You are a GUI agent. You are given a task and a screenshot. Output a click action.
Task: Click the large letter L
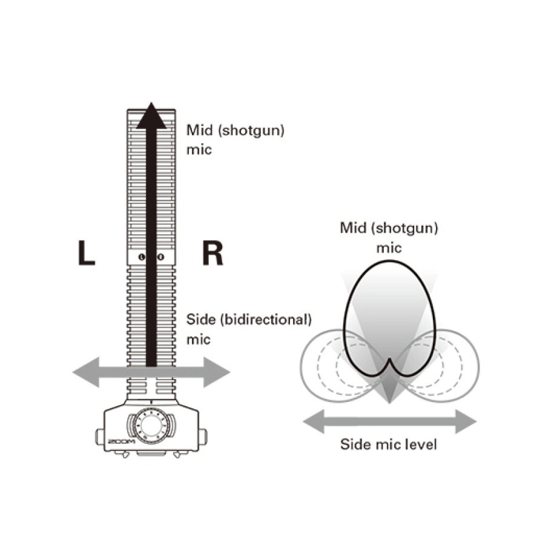pos(87,253)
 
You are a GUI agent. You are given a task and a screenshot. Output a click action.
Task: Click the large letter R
pos(213,253)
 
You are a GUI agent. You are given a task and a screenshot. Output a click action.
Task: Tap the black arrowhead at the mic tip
pos(151,116)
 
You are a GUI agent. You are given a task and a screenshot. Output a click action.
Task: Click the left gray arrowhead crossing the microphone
pos(85,372)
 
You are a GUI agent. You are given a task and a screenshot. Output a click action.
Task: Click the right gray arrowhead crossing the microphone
pos(217,372)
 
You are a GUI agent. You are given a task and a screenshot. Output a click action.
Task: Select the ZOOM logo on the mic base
pos(122,442)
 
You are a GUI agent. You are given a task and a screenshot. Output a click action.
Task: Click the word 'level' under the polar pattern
pos(422,444)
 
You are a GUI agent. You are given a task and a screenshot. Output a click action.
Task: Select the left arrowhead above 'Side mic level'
pos(314,421)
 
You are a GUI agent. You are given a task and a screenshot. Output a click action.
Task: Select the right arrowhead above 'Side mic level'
pos(466,421)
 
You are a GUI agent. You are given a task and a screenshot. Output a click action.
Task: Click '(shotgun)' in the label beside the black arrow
pos(251,130)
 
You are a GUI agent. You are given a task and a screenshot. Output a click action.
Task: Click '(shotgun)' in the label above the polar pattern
pos(404,228)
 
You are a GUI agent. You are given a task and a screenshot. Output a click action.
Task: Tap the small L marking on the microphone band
pos(142,257)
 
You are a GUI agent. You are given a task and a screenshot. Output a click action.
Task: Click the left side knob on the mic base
pos(100,437)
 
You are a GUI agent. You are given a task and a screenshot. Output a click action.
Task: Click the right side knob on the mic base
pos(203,437)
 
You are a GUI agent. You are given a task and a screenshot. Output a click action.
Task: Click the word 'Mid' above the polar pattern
pos(353,228)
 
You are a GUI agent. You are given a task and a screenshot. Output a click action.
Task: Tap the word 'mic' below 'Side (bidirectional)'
pos(199,340)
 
